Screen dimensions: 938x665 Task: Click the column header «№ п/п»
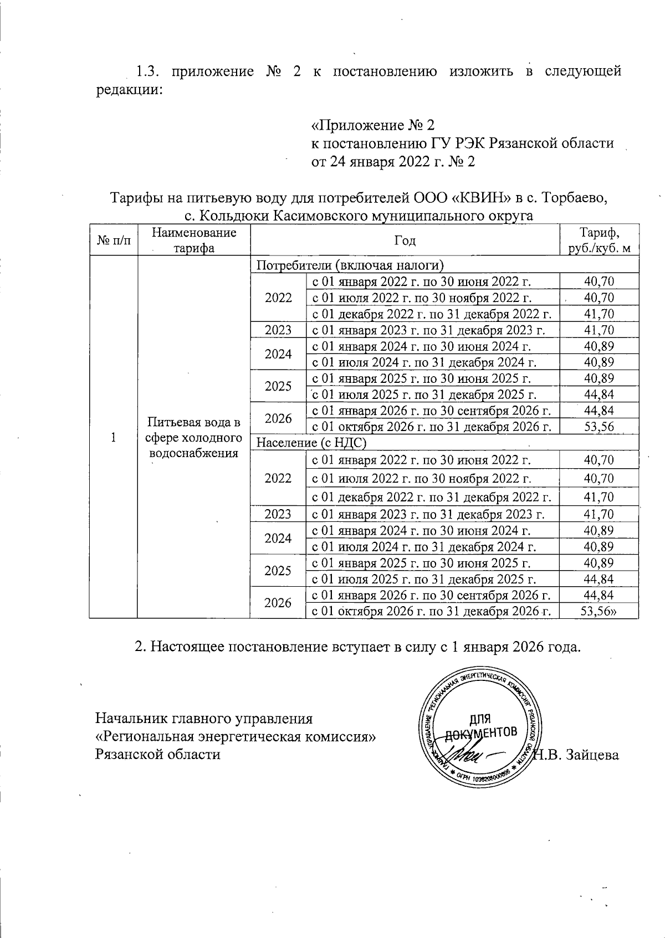(x=114, y=240)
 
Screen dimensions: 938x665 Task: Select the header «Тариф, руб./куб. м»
(x=600, y=240)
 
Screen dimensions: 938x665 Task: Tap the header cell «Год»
(x=405, y=240)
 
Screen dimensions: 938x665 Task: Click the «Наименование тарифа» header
(x=193, y=240)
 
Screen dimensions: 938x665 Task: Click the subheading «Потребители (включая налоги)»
(x=351, y=264)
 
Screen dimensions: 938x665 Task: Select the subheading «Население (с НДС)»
(x=312, y=443)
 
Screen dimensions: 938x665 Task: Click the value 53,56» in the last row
(x=600, y=611)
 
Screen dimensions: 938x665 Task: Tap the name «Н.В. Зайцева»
(x=575, y=755)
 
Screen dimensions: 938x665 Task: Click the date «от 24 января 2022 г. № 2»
(x=392, y=162)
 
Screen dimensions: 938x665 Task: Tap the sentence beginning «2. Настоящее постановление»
(x=357, y=647)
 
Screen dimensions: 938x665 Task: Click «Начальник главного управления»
(x=204, y=719)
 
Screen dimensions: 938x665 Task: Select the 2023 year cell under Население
(x=278, y=514)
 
